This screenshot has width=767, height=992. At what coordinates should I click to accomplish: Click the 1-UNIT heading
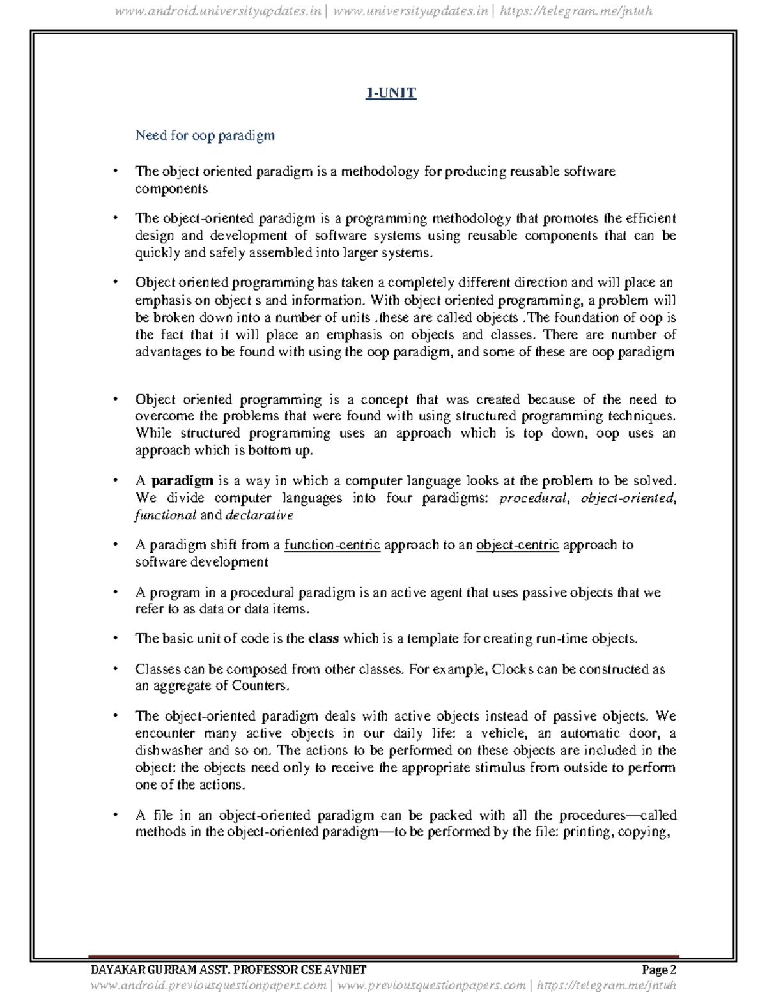pos(391,93)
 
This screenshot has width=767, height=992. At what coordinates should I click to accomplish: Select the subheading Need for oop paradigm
pos(205,135)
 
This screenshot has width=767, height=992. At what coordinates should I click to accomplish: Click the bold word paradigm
pos(182,481)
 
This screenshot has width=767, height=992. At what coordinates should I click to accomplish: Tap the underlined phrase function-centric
pos(332,545)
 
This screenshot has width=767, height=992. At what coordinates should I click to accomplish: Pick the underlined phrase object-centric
pos(517,545)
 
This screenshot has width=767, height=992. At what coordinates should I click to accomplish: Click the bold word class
pos(323,639)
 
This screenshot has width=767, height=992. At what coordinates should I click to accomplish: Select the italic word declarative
pos(259,515)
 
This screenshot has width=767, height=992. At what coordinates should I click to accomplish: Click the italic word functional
pos(165,515)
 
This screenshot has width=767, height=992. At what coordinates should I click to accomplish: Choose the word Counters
pos(260,686)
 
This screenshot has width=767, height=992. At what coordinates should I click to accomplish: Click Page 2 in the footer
pos(659,970)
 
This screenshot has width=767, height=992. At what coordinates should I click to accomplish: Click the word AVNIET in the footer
pos(345,970)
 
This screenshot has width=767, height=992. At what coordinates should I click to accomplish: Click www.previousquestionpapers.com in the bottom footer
pos(431,986)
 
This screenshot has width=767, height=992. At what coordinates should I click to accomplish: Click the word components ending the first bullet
pos(171,189)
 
